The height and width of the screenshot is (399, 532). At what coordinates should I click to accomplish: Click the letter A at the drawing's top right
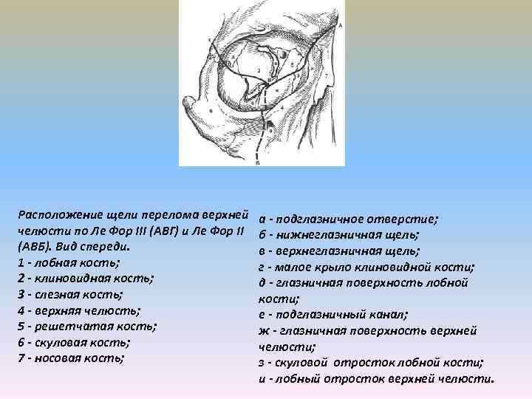(340, 25)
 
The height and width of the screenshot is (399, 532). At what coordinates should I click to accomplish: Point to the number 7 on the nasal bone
(324, 75)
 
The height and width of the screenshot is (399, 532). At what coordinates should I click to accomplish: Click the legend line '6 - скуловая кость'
(73, 343)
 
